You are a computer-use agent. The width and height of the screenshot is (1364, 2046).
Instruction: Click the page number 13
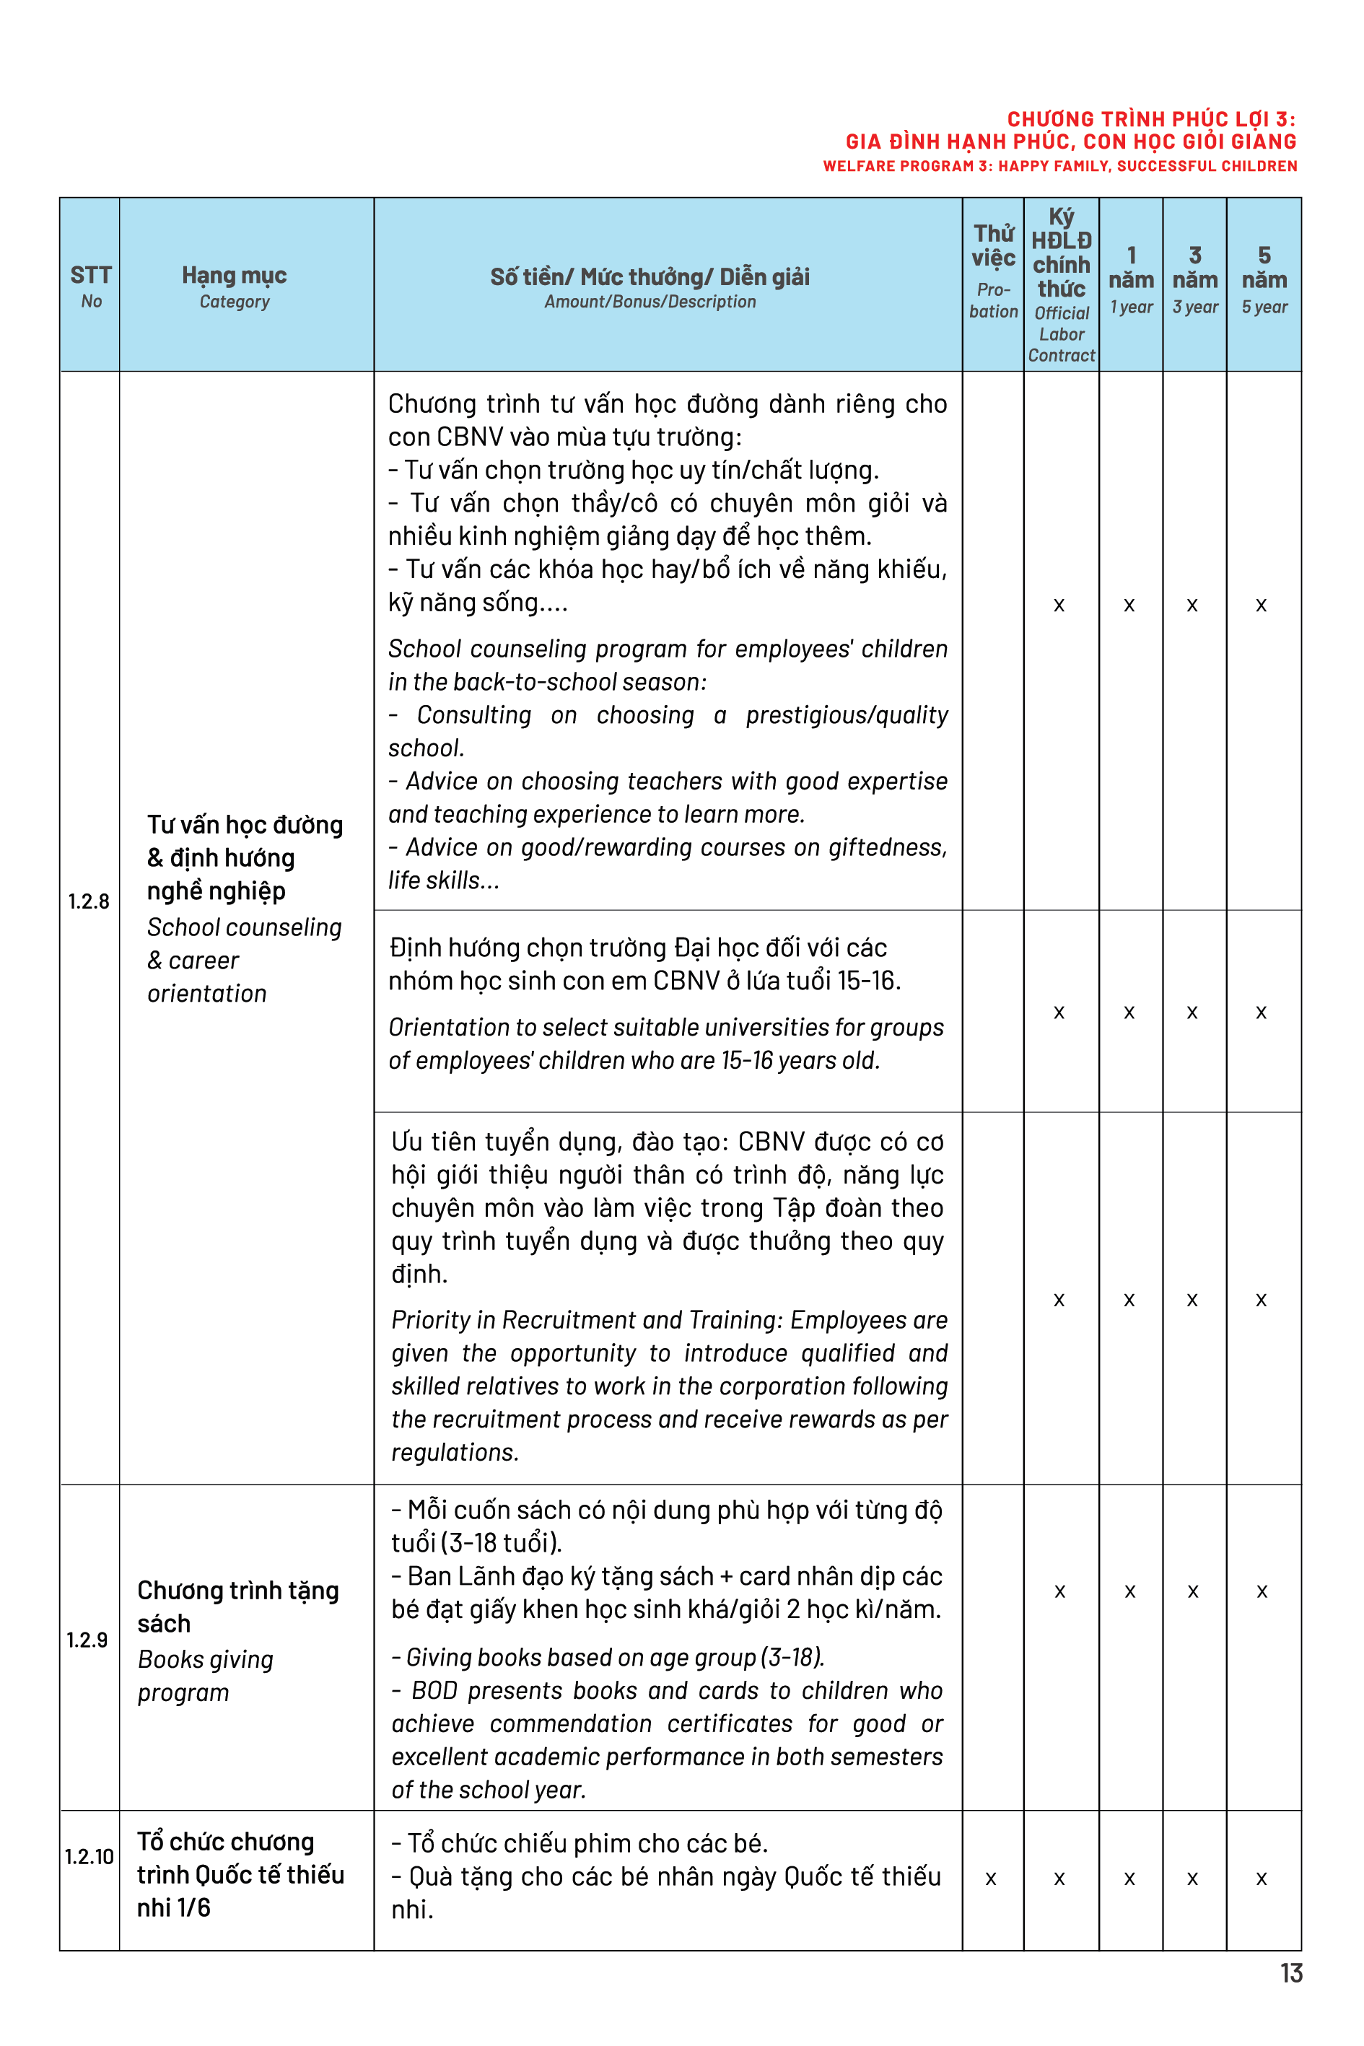click(x=1291, y=1973)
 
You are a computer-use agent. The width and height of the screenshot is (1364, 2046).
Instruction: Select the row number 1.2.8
click(x=89, y=901)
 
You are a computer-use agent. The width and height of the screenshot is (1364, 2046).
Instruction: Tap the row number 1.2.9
click(x=87, y=1640)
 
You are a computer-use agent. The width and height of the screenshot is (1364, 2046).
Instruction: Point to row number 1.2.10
click(x=89, y=1856)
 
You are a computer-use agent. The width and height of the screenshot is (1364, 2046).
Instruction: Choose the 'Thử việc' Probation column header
click(x=994, y=270)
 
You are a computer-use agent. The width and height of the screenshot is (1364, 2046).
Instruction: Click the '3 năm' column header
click(x=1194, y=279)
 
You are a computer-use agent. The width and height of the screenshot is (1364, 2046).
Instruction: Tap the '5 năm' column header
click(x=1264, y=279)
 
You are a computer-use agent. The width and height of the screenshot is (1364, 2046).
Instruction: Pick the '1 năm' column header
click(x=1131, y=279)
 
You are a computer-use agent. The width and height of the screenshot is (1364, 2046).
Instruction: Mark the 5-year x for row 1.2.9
click(x=1262, y=1591)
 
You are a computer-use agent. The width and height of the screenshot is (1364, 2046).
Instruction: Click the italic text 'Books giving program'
click(x=205, y=1676)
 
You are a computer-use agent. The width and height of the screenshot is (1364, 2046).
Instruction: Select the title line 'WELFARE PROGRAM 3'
click(x=1059, y=166)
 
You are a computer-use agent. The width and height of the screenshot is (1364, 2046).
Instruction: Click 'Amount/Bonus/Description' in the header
click(x=650, y=302)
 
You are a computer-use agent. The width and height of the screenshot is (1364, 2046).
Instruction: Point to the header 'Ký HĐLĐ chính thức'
click(x=1062, y=253)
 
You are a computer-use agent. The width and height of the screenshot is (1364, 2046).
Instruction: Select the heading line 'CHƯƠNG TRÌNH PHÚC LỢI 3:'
click(x=1151, y=119)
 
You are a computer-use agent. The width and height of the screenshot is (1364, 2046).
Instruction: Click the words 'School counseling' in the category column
click(x=245, y=927)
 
